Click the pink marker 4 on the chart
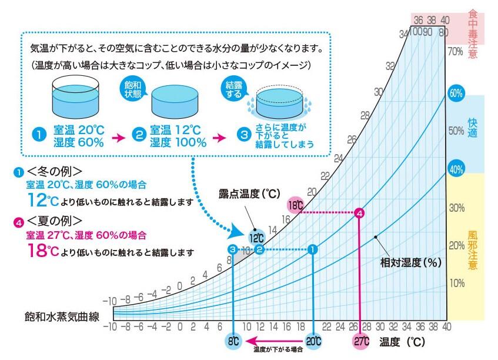[359, 213]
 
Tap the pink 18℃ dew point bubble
[295, 206]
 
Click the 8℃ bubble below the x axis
[233, 341]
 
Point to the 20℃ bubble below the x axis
[313, 341]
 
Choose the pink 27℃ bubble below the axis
[360, 341]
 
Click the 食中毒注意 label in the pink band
[473, 32]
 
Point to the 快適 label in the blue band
[473, 129]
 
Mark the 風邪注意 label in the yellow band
[473, 248]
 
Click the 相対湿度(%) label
[410, 262]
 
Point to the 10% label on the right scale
[457, 283]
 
